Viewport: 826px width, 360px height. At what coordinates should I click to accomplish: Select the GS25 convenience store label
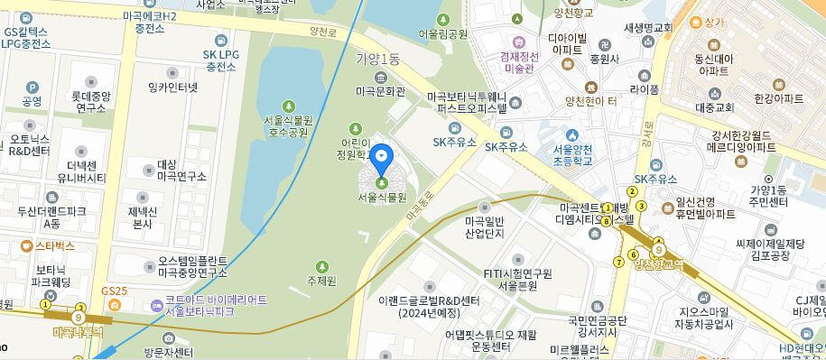click(115, 291)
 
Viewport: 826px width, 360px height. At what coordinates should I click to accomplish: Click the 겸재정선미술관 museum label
click(518, 60)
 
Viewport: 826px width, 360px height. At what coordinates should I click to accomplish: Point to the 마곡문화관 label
click(380, 91)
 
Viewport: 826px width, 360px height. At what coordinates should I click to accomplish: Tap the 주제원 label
click(321, 281)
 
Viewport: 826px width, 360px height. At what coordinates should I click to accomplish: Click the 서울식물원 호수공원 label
click(288, 125)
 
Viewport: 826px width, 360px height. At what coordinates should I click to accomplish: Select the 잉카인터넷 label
click(172, 88)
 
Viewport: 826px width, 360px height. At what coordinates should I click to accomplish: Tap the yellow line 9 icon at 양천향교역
click(660, 249)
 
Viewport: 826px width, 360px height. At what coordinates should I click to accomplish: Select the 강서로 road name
click(645, 141)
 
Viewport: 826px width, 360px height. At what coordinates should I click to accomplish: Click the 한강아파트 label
click(778, 98)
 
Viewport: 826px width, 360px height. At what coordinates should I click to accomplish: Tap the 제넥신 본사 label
click(142, 217)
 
